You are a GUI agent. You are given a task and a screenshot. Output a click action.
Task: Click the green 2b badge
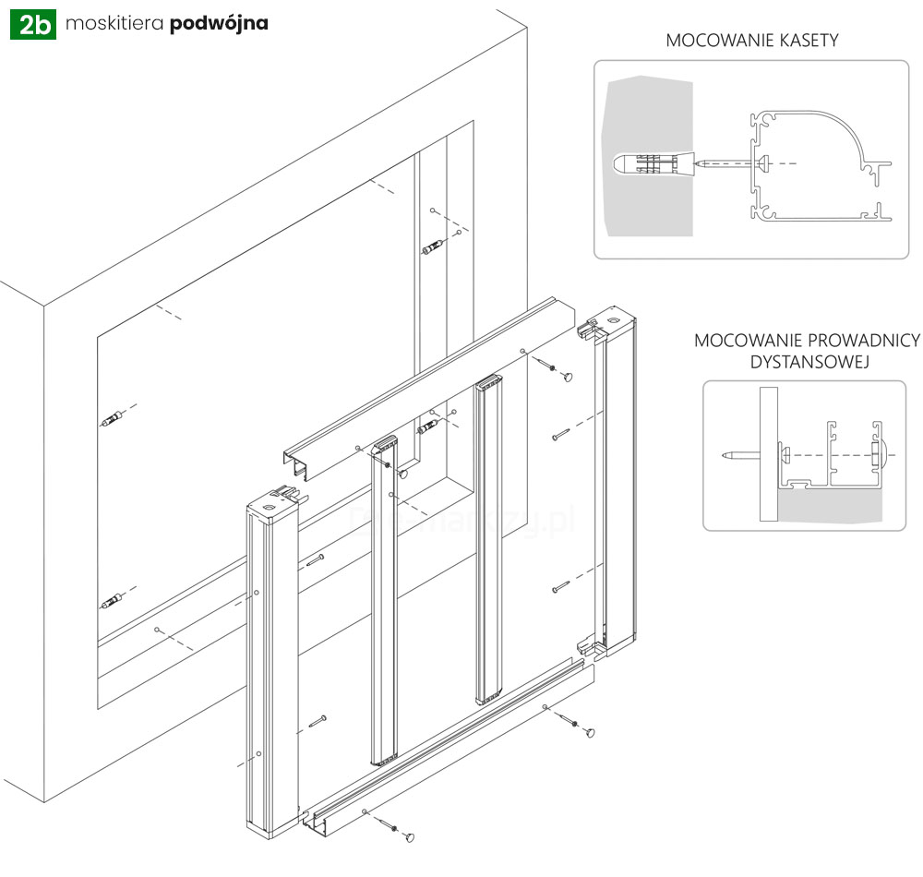pos(34,24)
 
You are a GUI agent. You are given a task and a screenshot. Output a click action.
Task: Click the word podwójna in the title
pos(219,24)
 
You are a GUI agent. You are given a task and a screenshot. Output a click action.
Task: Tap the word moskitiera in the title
pos(115,24)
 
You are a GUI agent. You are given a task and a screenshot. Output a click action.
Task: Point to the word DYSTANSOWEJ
pos(808,362)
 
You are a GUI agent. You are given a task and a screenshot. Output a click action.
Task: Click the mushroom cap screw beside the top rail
pos(565,375)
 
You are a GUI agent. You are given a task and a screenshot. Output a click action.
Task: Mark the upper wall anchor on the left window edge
pos(112,421)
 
